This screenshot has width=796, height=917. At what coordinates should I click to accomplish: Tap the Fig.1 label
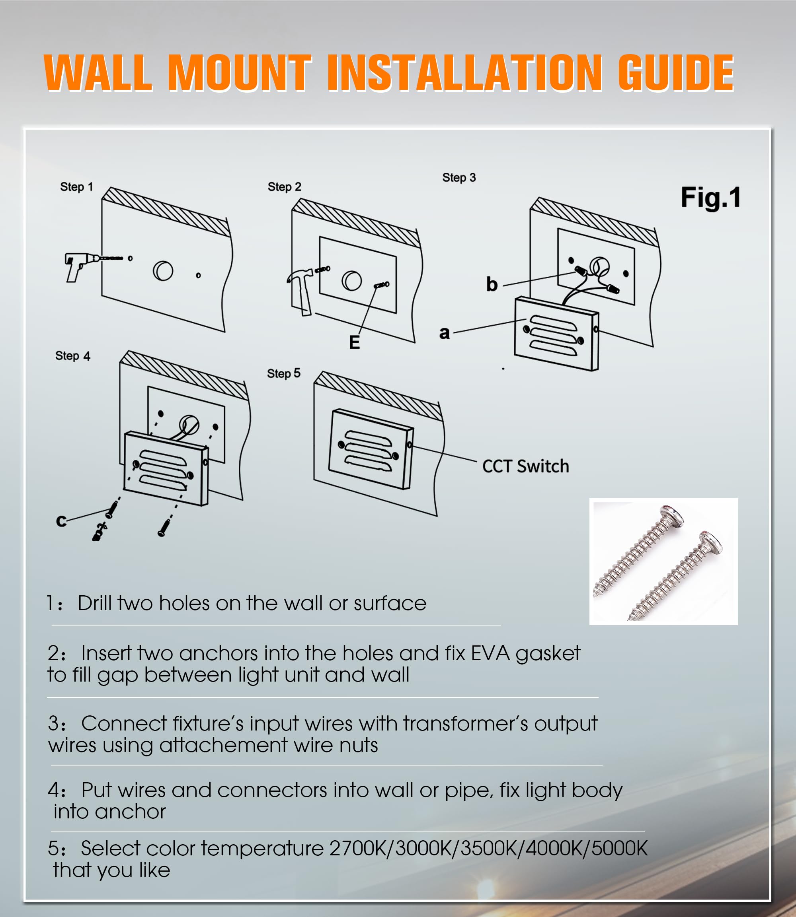coord(710,198)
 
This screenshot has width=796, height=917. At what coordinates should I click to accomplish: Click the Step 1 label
coord(76,187)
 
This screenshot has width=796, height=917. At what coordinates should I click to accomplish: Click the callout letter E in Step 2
coord(354,343)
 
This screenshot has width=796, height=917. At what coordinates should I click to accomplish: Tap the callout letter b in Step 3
coord(491,284)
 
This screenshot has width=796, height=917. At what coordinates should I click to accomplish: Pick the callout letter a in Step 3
coord(444,332)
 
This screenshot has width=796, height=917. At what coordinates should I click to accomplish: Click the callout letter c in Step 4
coord(61,521)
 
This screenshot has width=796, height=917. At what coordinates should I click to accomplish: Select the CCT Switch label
coord(525,466)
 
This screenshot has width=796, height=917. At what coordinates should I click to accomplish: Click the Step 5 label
coord(283,374)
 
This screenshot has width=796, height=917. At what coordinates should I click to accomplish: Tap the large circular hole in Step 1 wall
coord(163,271)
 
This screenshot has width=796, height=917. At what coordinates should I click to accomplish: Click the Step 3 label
coord(459,177)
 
